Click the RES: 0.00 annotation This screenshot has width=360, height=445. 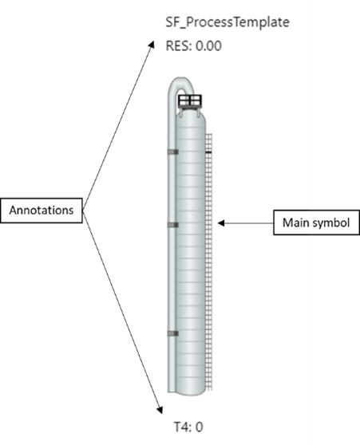point(193,45)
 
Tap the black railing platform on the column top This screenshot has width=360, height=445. point(191,101)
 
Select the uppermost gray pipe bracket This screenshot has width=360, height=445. point(172,150)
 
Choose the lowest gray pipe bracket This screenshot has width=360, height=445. point(172,333)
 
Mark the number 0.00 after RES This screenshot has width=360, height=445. point(209,45)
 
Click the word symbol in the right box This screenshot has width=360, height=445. point(330,223)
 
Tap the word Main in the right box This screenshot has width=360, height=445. point(295,223)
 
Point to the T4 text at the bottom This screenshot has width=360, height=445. point(180,427)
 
